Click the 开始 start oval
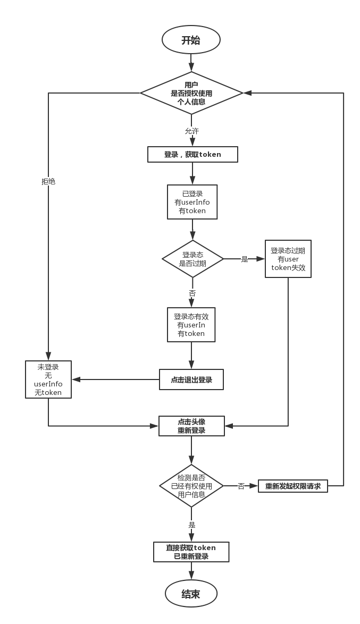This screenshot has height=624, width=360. pyautogui.click(x=191, y=40)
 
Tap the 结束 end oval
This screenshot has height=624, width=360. pyautogui.click(x=191, y=594)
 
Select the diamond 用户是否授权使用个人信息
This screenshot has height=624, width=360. pyautogui.click(x=191, y=93)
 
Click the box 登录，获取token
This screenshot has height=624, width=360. pyautogui.click(x=192, y=155)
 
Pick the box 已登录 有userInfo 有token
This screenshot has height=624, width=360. pyautogui.click(x=192, y=202)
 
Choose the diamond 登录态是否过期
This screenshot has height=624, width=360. pyautogui.click(x=192, y=259)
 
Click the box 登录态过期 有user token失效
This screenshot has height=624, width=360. pyautogui.click(x=288, y=259)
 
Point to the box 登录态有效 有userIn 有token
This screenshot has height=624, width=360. pyautogui.click(x=191, y=325)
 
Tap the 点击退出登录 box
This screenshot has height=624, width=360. pyautogui.click(x=191, y=380)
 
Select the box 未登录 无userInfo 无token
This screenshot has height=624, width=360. pyautogui.click(x=48, y=380)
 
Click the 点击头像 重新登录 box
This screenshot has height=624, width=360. pyautogui.click(x=191, y=426)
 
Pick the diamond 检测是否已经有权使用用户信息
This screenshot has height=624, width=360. pyautogui.click(x=191, y=486)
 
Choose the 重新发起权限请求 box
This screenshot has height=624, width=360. pyautogui.click(x=293, y=486)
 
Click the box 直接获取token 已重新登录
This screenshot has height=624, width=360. pyautogui.click(x=191, y=552)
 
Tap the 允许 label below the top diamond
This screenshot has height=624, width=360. pyautogui.click(x=192, y=131)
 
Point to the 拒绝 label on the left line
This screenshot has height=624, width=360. pyautogui.click(x=48, y=181)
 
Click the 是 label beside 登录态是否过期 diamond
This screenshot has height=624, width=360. pyautogui.click(x=245, y=259)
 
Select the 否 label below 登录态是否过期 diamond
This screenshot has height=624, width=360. pyautogui.click(x=192, y=293)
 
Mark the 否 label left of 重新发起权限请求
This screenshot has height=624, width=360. pyautogui.click(x=241, y=486)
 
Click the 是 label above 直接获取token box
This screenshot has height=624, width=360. pyautogui.click(x=192, y=525)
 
